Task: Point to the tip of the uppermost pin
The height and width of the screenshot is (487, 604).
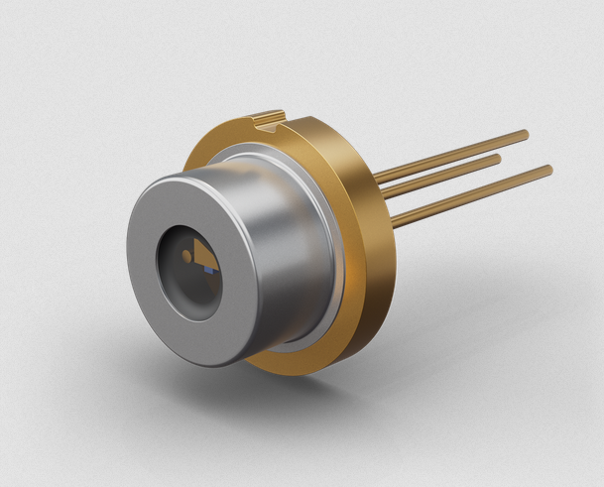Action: click(525, 134)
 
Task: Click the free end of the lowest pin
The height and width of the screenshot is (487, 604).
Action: click(548, 170)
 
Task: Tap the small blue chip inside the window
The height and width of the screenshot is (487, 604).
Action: click(208, 269)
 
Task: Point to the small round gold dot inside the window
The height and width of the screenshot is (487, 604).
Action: click(185, 257)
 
